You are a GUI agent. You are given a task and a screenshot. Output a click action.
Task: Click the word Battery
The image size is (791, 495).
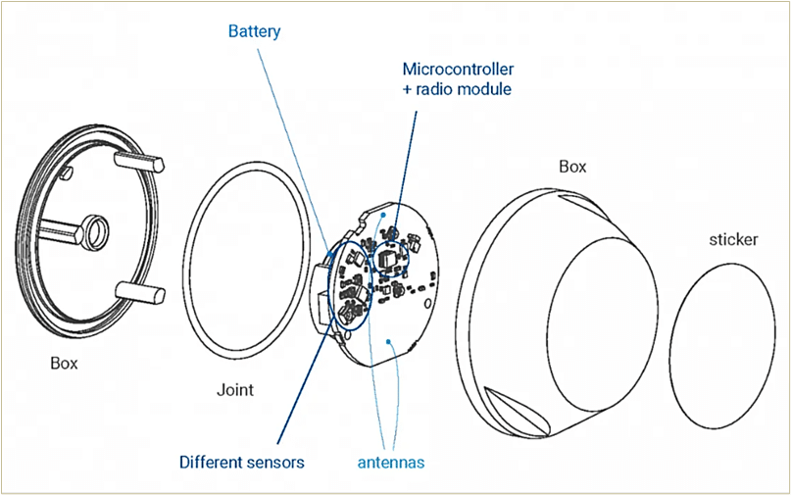(254, 31)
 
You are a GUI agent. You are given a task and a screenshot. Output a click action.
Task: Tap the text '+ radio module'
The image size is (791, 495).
(457, 89)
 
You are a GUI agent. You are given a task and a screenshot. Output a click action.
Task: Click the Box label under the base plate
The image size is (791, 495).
(64, 363)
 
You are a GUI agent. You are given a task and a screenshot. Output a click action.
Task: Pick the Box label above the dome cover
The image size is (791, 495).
(572, 167)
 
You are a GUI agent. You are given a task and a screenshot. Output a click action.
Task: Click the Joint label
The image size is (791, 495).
(234, 389)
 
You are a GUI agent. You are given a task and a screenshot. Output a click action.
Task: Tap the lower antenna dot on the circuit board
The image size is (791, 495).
(391, 341)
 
